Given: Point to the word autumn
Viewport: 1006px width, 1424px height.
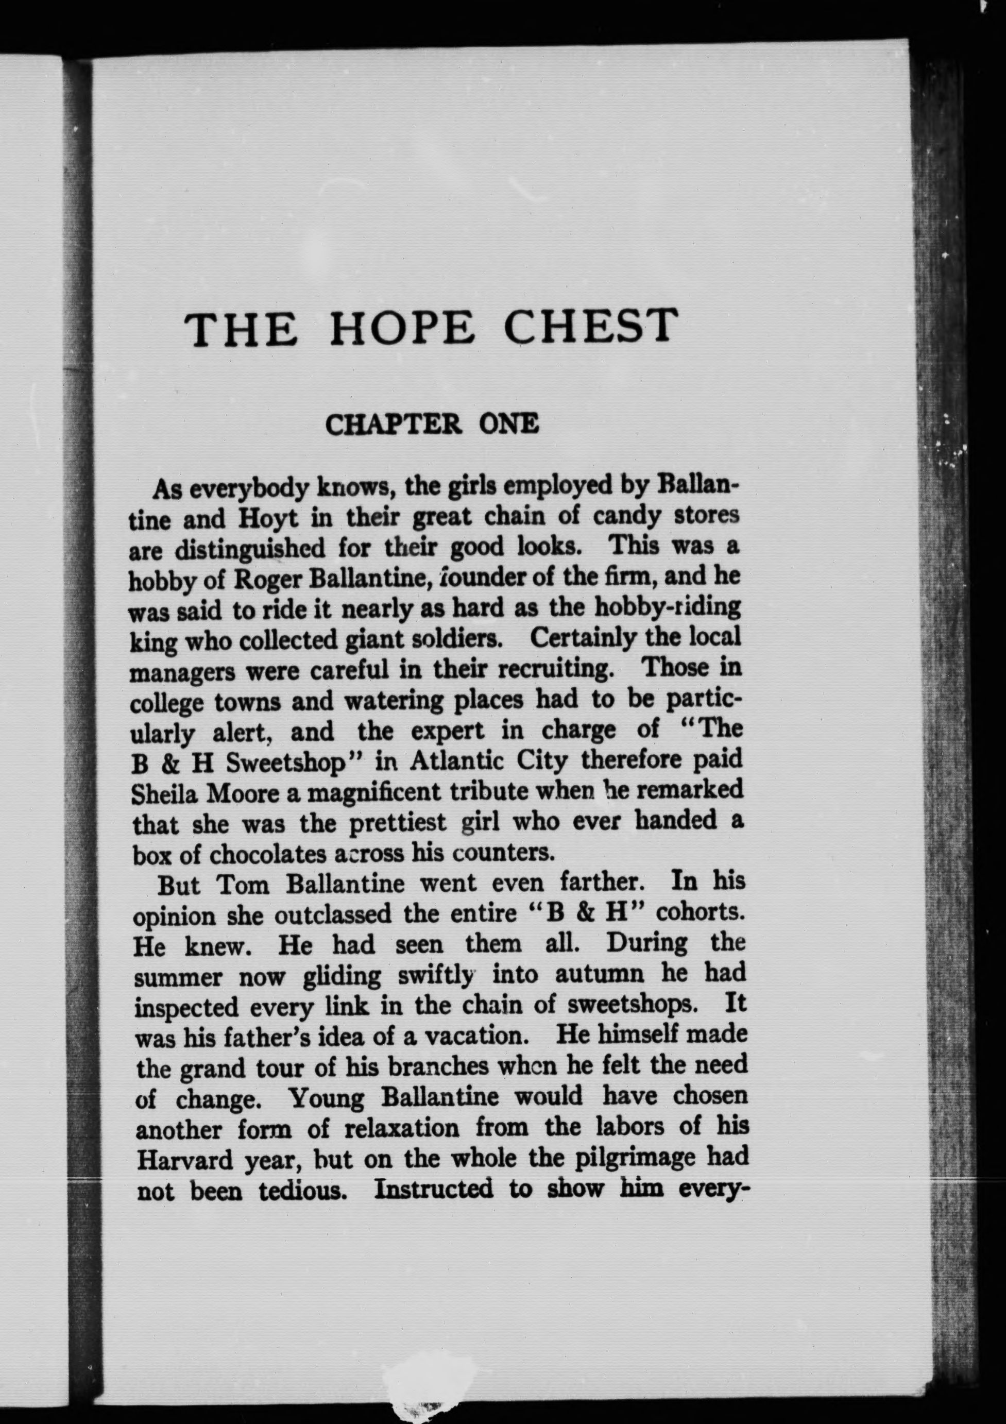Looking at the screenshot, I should pyautogui.click(x=602, y=975).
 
